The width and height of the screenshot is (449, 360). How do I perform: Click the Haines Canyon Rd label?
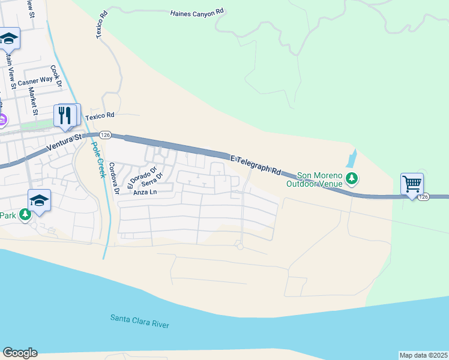click(196, 12)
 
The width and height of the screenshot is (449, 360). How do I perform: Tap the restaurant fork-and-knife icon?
click(66, 115)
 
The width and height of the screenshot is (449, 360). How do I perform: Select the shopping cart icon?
click(412, 184)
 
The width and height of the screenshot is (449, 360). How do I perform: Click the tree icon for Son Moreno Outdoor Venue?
click(352, 178)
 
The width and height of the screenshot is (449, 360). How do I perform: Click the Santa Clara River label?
click(139, 321)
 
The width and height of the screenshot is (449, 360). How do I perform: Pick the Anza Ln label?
click(145, 193)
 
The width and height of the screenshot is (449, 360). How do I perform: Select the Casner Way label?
click(35, 80)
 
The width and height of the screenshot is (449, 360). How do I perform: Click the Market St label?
click(34, 101)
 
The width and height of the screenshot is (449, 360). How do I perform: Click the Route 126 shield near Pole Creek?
click(105, 134)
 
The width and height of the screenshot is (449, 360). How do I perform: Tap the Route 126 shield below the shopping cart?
click(424, 197)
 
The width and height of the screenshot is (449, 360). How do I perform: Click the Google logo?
click(20, 353)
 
